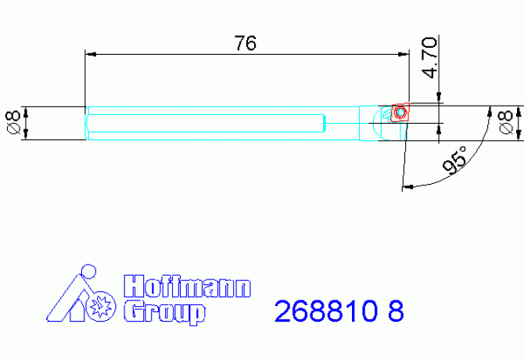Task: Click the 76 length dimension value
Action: point(246,43)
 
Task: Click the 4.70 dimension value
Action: point(429,58)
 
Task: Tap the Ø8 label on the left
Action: point(13,123)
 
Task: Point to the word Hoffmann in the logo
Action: point(188,286)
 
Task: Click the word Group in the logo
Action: point(165,311)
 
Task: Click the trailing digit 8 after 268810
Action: point(396,311)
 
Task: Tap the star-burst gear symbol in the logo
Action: point(100,307)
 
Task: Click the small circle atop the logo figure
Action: point(87,274)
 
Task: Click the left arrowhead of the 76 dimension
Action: point(89,53)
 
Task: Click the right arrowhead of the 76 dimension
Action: point(404,53)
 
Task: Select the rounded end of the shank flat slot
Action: point(322,123)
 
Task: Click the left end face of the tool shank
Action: point(86,123)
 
